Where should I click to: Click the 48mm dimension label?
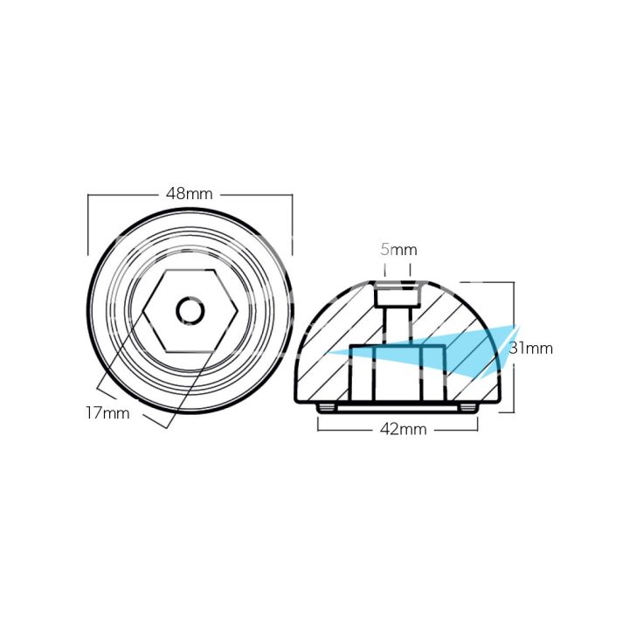pos(189,194)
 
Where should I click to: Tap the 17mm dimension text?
pos(109,412)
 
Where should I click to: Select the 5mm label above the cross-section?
pos(398,250)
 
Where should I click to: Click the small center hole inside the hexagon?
pos(190,309)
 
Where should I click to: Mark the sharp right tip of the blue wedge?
pos(520,326)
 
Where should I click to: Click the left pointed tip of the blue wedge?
pos(328,353)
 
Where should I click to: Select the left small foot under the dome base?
pos(328,408)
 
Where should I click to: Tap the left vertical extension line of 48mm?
pos(88,223)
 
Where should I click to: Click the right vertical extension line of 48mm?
pos(291,223)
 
